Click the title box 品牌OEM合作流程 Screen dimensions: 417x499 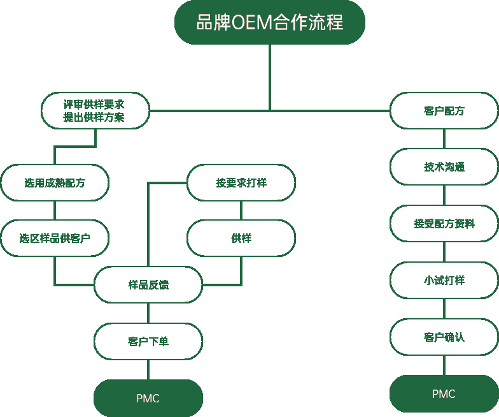coord(270,22)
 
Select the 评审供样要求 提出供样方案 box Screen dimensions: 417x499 coord(95,111)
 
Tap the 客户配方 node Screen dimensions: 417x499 coord(444,111)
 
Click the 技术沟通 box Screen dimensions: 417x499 coord(444,167)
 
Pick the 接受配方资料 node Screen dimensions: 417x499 coord(444,224)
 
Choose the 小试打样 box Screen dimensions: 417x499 coord(444,280)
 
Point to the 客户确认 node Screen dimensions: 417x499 coord(444,337)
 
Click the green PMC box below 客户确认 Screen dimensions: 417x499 coord(444,394)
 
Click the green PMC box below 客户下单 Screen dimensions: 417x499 coord(148,399)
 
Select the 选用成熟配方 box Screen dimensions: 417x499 coord(55,183)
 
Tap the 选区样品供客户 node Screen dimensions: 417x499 coord(55,238)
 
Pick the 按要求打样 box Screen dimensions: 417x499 coord(241,183)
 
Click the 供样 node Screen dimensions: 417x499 coord(241,238)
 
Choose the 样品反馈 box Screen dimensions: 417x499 coord(148,284)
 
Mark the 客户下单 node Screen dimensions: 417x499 coord(148,341)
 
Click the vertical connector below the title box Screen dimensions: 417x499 coord(270,77)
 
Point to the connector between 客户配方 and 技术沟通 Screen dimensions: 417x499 coord(444,138)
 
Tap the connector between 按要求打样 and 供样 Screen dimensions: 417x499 coord(241,210)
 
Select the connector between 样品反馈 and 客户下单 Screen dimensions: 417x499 coord(148,312)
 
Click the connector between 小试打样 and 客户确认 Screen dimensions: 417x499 coord(444,308)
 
